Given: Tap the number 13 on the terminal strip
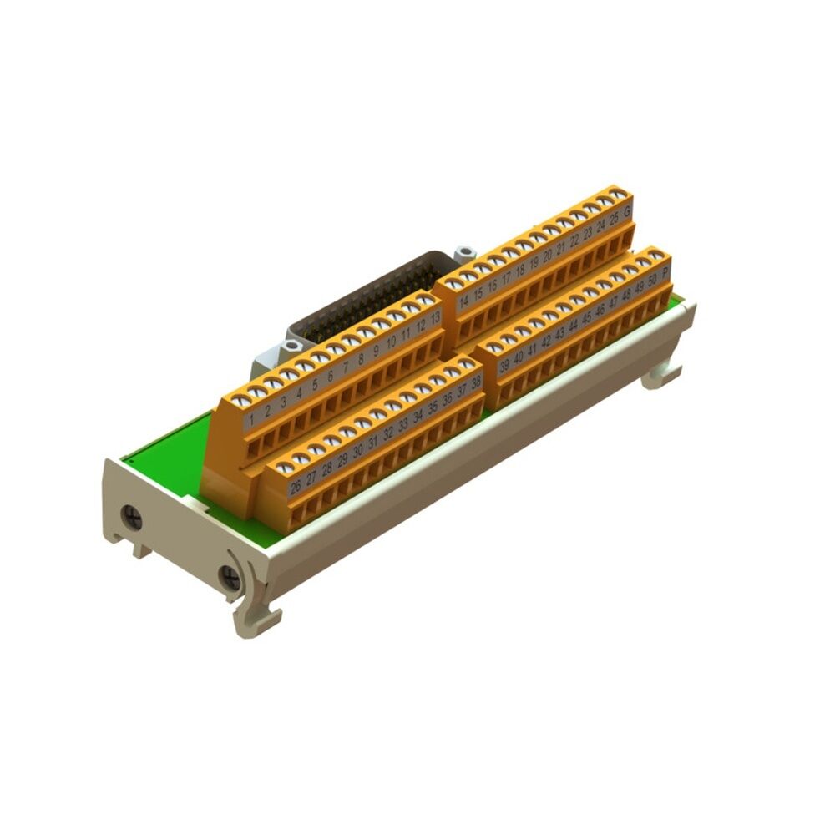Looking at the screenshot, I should [435, 316].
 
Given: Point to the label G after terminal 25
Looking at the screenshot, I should [626, 212].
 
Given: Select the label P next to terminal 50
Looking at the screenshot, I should [665, 272].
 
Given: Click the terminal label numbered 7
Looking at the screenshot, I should [346, 367].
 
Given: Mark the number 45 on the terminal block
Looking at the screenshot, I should [586, 317].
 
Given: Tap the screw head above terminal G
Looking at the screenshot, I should [618, 195].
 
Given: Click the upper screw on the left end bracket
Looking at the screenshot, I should [131, 519].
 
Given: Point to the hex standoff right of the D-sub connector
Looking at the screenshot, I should [464, 252].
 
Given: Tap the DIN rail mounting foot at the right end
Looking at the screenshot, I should [663, 376].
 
